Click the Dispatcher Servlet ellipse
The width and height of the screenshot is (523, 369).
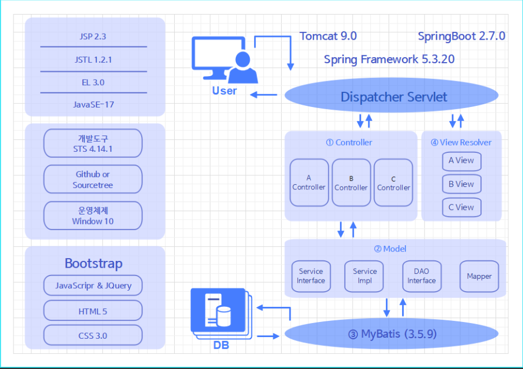coord(391,97)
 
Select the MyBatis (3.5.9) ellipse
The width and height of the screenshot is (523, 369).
coord(391,334)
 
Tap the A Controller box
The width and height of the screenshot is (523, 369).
coord(309,183)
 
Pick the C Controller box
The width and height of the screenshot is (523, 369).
coord(393,183)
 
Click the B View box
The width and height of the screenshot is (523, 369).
coord(461,184)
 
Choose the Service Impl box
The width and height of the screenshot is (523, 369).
coord(365,276)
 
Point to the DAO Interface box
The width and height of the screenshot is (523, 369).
coord(422,276)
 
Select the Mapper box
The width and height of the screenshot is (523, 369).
coord(479,276)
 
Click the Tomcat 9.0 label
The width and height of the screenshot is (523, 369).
coord(328,36)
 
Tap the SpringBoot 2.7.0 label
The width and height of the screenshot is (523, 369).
coord(461,36)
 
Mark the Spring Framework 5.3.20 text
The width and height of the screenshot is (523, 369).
coord(389,59)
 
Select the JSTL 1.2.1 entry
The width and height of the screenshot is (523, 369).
coord(93,59)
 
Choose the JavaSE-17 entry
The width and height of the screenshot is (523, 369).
coord(93,105)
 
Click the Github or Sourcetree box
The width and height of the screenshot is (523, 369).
coord(93,179)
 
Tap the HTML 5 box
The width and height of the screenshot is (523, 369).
coord(93,311)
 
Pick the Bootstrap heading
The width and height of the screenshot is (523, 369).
coord(93,263)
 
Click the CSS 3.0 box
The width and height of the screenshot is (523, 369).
coord(93,335)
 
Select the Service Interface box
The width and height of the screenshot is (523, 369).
coord(311,276)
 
